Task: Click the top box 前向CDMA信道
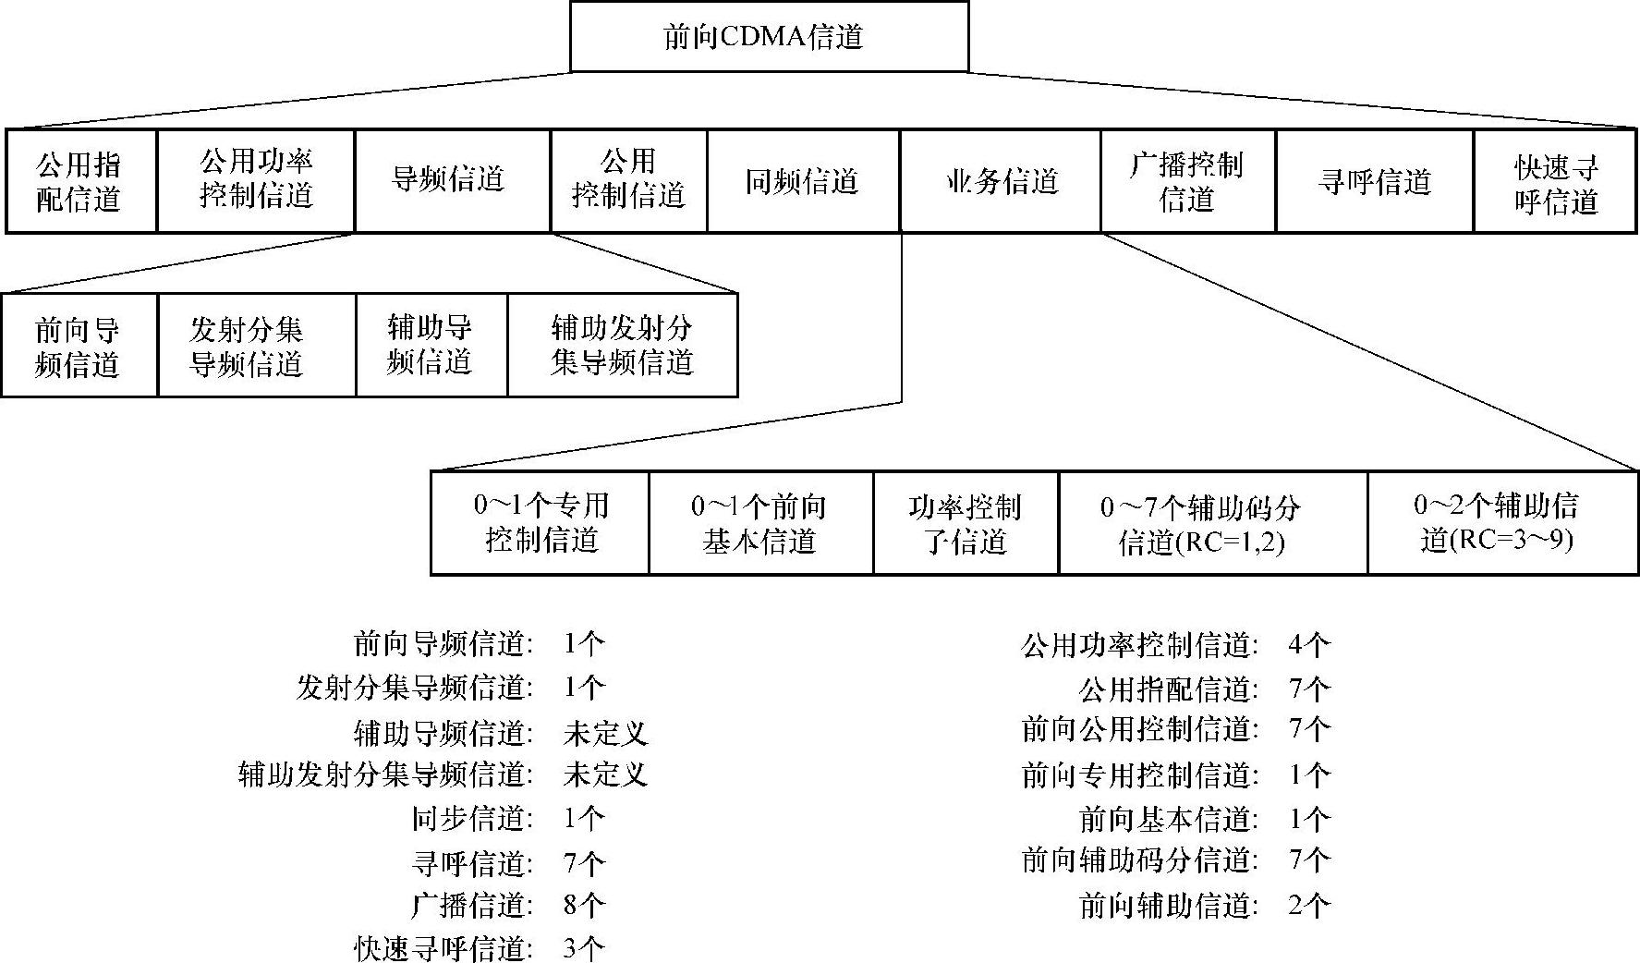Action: click(769, 37)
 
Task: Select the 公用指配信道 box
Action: click(80, 181)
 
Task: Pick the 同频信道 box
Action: click(802, 181)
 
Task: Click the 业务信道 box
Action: click(1000, 181)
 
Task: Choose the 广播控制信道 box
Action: click(1187, 181)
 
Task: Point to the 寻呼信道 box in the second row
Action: click(1374, 181)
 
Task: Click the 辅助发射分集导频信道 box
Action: click(622, 346)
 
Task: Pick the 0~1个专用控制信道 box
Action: click(541, 523)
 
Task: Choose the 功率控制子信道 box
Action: click(965, 523)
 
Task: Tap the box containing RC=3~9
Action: click(1502, 523)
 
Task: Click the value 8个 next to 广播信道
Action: click(584, 906)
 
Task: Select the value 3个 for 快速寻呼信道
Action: click(584, 948)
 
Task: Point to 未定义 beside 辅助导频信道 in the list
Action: click(605, 734)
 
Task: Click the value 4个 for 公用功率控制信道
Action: click(1309, 645)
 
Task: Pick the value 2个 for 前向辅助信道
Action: click(1309, 906)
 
